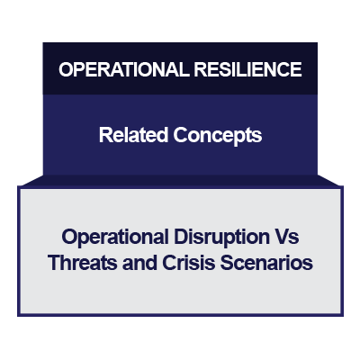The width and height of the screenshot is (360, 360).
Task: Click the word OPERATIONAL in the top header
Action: (x=114, y=69)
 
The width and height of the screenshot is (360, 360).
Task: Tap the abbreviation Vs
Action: (x=286, y=238)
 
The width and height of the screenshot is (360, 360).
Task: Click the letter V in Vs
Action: (x=280, y=238)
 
